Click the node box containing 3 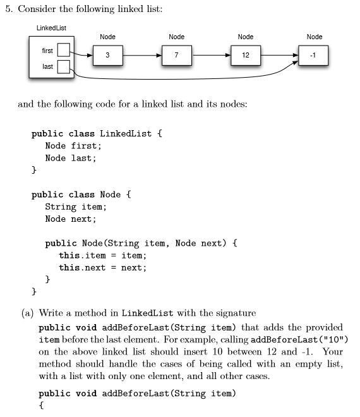[x=108, y=56]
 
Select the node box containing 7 [x=177, y=56]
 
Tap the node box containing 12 [x=246, y=56]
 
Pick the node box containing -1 [x=314, y=56]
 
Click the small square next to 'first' [x=64, y=49]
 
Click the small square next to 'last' [x=64, y=66]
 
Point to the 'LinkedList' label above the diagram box [x=51, y=28]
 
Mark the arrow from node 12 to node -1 [x=280, y=56]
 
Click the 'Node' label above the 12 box [x=246, y=37]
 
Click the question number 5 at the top [x=8, y=8]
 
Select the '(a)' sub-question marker [x=28, y=313]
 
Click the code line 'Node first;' [x=73, y=146]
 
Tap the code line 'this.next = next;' [x=102, y=267]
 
